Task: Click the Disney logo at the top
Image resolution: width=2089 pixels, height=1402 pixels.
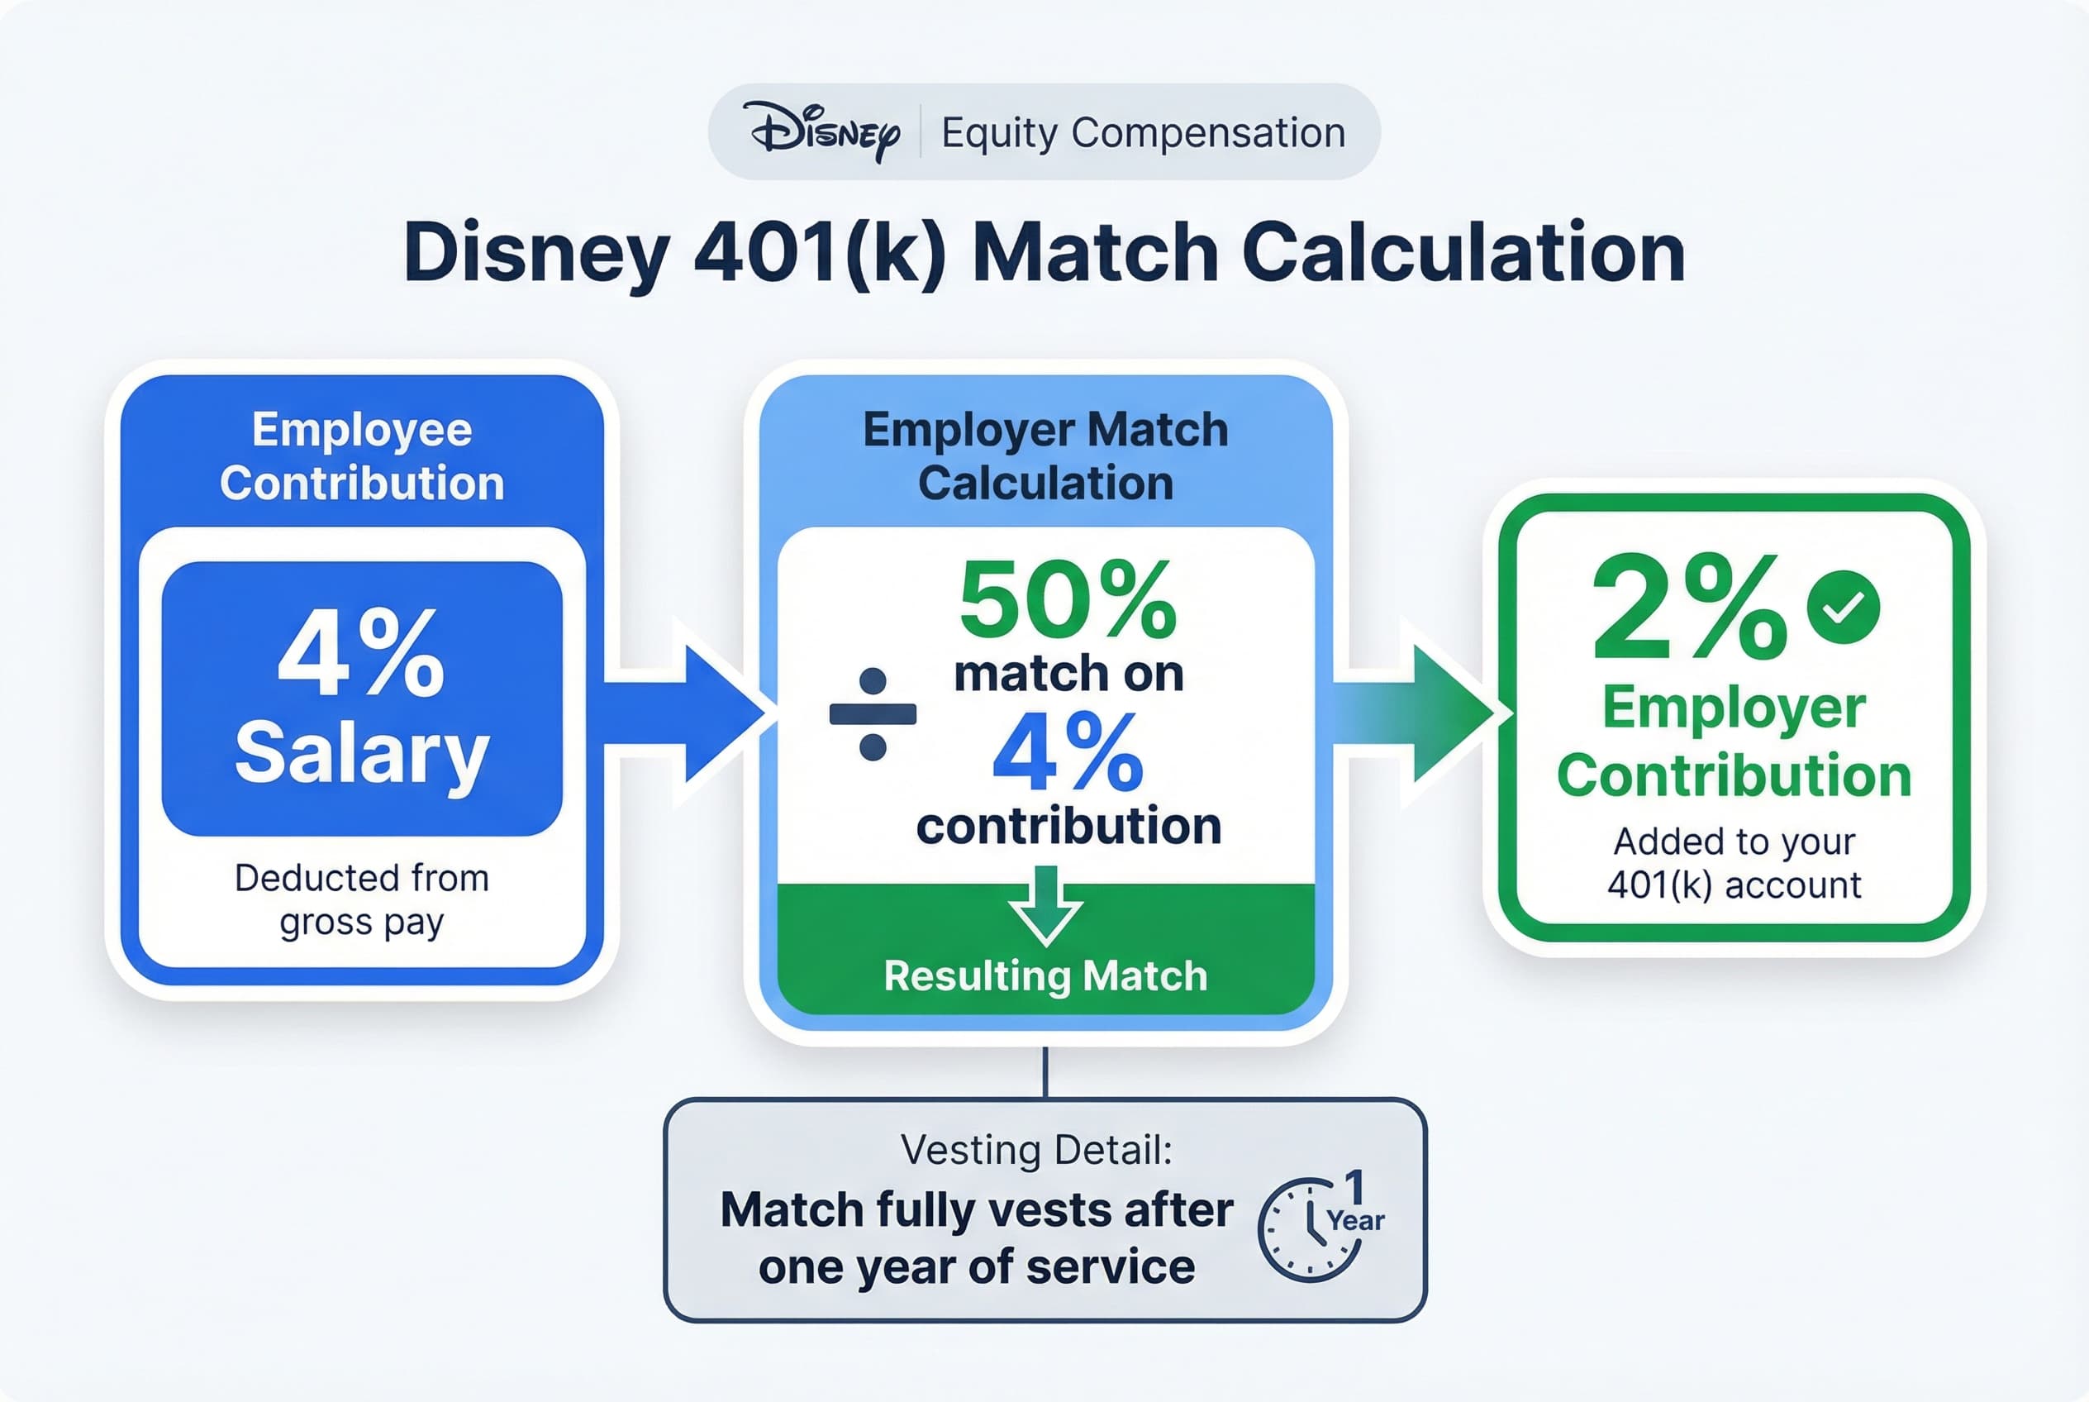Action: click(825, 132)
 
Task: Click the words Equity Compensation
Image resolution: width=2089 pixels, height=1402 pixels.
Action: click(1142, 133)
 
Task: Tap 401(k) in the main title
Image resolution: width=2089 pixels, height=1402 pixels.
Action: click(819, 253)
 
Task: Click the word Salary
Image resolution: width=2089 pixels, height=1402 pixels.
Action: click(361, 753)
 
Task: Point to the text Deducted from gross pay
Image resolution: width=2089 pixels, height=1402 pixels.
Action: click(361, 899)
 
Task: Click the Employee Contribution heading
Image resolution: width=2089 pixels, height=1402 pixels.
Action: click(361, 456)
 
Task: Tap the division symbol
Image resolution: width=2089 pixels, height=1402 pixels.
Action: click(873, 713)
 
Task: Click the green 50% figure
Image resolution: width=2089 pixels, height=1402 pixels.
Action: click(1068, 599)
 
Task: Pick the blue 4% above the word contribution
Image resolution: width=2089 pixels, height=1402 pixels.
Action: click(1068, 753)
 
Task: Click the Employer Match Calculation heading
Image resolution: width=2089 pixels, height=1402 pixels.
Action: click(1045, 456)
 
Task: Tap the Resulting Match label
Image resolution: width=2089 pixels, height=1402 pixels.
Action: click(1045, 975)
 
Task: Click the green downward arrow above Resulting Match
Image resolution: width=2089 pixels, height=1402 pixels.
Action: click(1045, 906)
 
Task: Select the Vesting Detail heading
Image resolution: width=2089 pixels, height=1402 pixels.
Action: click(1036, 1150)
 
